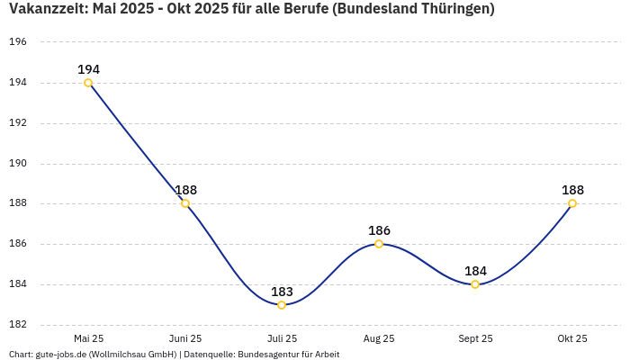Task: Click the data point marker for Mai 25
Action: click(x=88, y=83)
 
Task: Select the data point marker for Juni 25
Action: click(x=185, y=203)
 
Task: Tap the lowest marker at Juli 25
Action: click(x=282, y=305)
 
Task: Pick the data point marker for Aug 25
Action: click(x=379, y=244)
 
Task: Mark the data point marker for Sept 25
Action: click(x=475, y=284)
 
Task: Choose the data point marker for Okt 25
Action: click(x=572, y=203)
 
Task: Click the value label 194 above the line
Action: click(x=88, y=69)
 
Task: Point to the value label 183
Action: click(x=282, y=292)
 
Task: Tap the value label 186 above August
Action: click(x=379, y=230)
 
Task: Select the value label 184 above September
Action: click(x=475, y=271)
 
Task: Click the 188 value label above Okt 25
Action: click(x=572, y=190)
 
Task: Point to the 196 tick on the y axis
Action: click(x=18, y=42)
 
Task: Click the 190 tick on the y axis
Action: click(x=18, y=164)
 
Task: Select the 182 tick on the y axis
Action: click(x=18, y=325)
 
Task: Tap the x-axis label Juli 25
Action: click(x=282, y=338)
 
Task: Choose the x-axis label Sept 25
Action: click(x=475, y=338)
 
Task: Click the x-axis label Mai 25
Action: click(x=88, y=338)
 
